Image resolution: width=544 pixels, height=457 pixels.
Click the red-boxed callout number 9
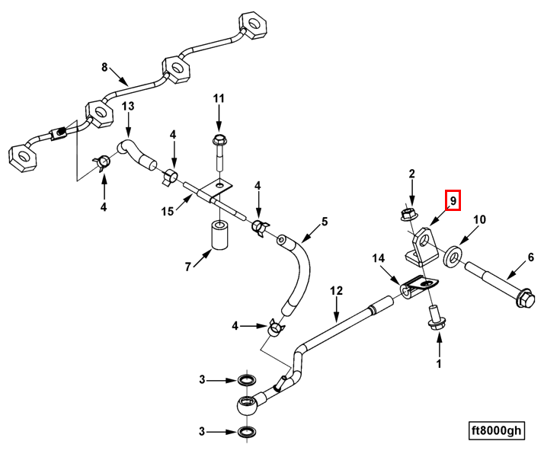453,200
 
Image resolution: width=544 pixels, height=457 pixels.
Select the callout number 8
105,67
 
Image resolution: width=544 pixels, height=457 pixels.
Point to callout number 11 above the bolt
219,98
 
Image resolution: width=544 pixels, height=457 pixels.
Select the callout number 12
336,290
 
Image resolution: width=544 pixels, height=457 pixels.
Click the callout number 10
479,220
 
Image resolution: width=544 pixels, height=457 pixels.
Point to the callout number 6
531,258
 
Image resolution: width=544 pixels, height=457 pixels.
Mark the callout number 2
411,174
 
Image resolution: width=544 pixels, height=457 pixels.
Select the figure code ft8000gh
496,430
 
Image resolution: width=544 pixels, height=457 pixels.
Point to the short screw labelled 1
436,318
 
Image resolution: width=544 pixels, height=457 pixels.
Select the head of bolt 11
219,140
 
